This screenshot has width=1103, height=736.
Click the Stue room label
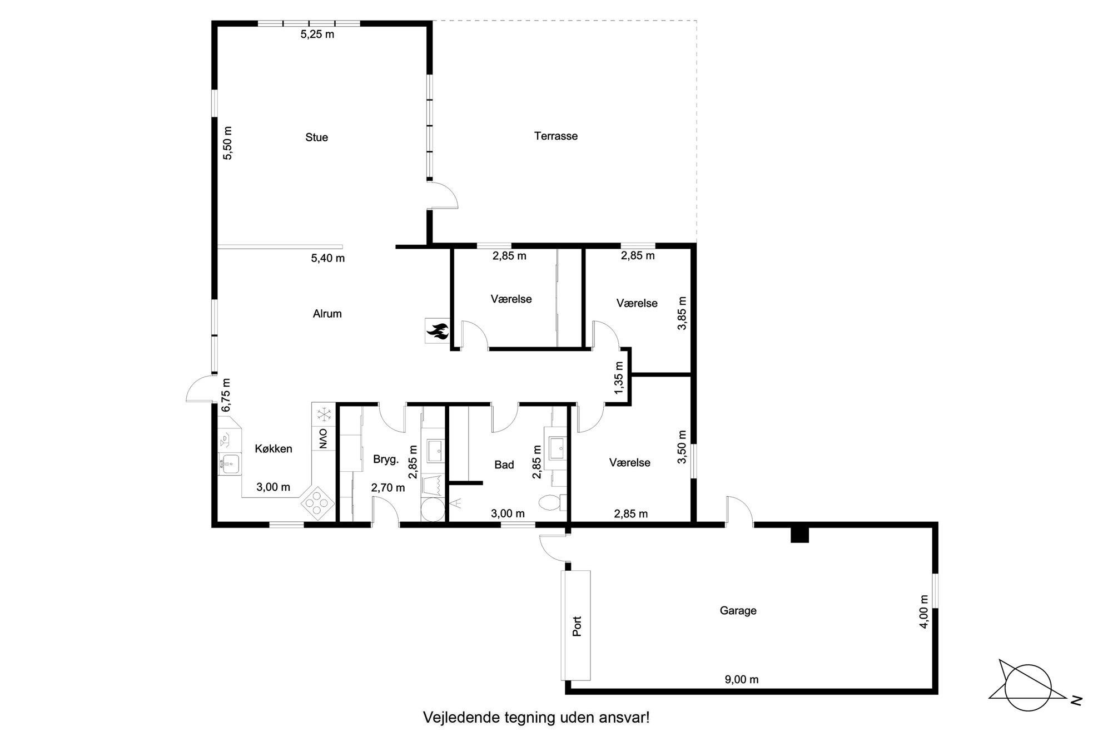tap(316, 137)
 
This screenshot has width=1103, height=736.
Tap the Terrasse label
tap(556, 136)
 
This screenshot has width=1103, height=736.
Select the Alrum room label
tap(327, 314)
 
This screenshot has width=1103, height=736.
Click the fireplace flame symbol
tap(437, 332)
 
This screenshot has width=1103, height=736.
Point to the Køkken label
tap(274, 448)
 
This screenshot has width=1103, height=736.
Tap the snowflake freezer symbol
tap(323, 414)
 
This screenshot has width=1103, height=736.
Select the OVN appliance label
tap(323, 438)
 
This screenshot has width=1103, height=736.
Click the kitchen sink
tap(230, 463)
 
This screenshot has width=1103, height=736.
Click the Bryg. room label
tap(386, 460)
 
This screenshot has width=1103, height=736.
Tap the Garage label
tap(738, 611)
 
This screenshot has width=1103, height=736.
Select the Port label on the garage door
tap(577, 626)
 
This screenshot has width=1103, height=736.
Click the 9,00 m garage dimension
tap(742, 679)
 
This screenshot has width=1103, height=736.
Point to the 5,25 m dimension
tap(317, 34)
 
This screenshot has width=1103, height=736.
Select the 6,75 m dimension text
tap(226, 396)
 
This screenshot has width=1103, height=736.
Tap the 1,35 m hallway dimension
tap(619, 378)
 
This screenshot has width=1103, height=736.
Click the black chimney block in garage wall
tap(799, 534)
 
